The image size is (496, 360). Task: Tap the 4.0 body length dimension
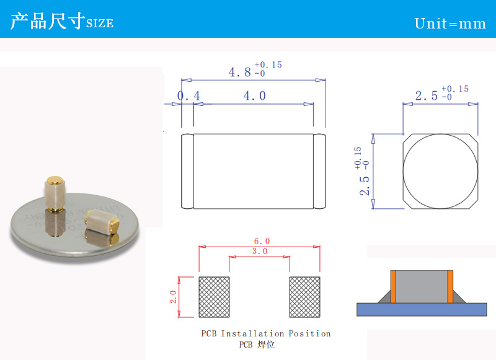click(255, 96)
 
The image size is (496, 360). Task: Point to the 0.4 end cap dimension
click(188, 96)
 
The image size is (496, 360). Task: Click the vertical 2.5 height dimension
click(365, 185)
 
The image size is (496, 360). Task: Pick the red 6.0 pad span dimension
click(262, 241)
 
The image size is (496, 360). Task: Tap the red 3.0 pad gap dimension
click(260, 252)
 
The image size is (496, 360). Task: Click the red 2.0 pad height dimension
click(173, 297)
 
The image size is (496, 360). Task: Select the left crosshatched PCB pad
click(214, 297)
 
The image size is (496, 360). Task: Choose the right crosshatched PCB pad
click(305, 297)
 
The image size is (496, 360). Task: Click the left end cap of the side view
click(187, 171)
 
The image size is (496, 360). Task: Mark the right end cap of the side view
click(319, 171)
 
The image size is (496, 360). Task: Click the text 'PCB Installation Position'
click(266, 334)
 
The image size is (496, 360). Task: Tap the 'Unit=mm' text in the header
click(450, 24)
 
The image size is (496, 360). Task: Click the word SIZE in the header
click(100, 24)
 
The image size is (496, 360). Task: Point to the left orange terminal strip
click(393, 287)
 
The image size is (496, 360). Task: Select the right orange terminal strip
click(450, 287)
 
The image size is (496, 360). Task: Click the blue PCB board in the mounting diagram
click(422, 309)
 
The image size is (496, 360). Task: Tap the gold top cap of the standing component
click(55, 180)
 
